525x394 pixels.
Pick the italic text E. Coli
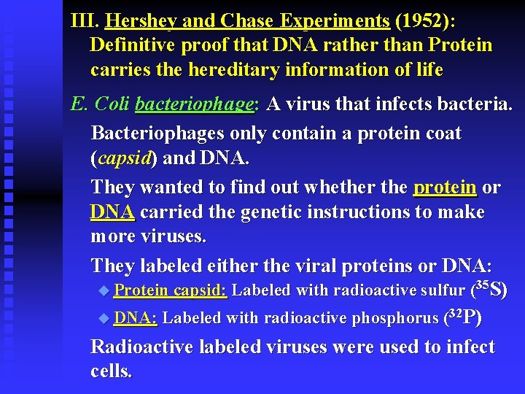coord(100,104)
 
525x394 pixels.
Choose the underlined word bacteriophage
coord(195,104)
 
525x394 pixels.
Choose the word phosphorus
coord(394,318)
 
